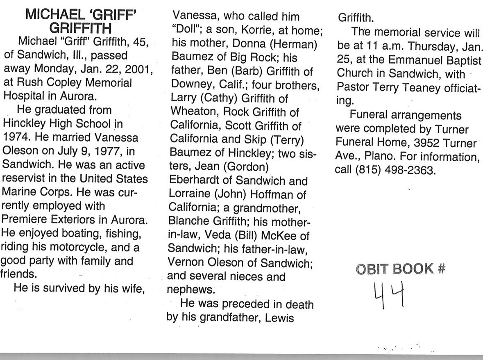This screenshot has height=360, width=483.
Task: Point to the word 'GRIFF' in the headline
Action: click(x=112, y=16)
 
